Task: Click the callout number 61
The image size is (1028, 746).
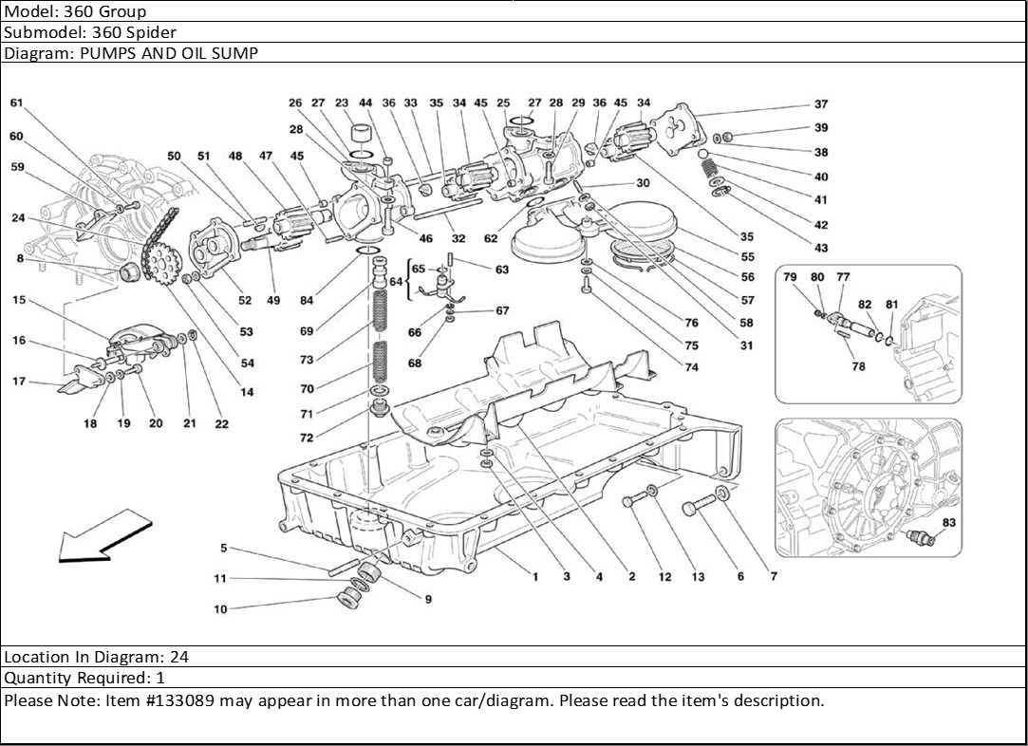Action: tap(16, 103)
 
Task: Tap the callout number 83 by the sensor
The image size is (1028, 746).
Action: tap(949, 523)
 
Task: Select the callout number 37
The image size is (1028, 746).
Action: tap(820, 105)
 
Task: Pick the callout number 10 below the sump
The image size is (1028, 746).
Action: tap(220, 609)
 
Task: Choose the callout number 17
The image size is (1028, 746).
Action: tap(17, 382)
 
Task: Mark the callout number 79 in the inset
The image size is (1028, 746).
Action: tap(789, 276)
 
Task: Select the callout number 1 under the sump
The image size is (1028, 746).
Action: tap(534, 576)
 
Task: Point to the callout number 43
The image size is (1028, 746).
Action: tap(820, 249)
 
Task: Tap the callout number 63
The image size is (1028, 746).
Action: tap(502, 270)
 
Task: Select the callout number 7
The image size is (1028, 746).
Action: tap(773, 576)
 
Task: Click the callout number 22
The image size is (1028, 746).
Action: tap(221, 424)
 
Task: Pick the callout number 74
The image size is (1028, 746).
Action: tap(691, 367)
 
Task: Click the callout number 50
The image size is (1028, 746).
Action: tap(174, 156)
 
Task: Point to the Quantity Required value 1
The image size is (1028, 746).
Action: tap(160, 678)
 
